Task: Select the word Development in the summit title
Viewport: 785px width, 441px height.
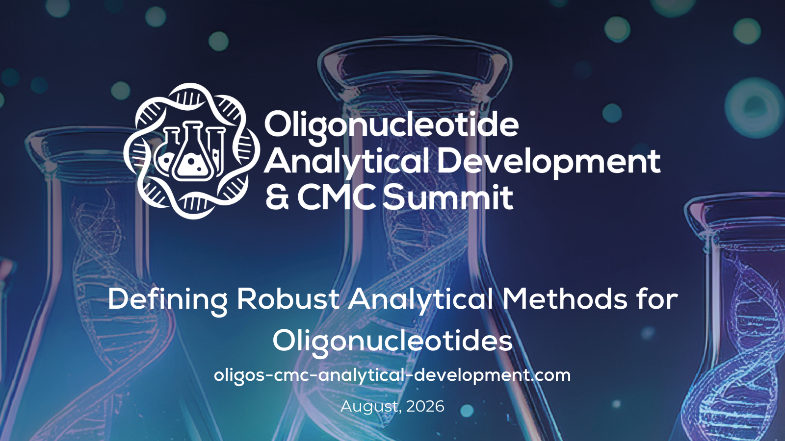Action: click(x=549, y=162)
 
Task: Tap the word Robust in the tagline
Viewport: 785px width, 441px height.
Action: click(x=288, y=299)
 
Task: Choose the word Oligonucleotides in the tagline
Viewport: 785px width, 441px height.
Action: click(x=392, y=341)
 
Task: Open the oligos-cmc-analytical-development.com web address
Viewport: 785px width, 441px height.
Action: click(x=392, y=375)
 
